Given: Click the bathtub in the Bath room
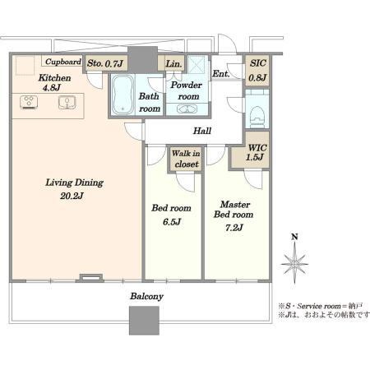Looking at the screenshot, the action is pyautogui.click(x=123, y=95).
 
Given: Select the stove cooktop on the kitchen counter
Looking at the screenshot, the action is pyautogui.click(x=29, y=102).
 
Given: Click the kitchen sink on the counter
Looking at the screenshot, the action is pyautogui.click(x=67, y=103).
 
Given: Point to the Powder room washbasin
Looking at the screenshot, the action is pyautogui.click(x=187, y=109).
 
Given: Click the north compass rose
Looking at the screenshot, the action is pyautogui.click(x=294, y=264).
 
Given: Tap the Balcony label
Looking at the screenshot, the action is pyautogui.click(x=147, y=296).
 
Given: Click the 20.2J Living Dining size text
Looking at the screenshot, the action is pyautogui.click(x=72, y=196).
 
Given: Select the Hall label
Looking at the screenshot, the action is pyautogui.click(x=202, y=131).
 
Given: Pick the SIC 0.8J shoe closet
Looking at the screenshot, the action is pyautogui.click(x=257, y=70).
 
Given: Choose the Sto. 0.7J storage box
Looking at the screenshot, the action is pyautogui.click(x=105, y=63).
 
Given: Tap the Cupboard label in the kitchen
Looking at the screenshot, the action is pyautogui.click(x=63, y=62).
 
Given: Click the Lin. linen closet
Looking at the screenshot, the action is pyautogui.click(x=173, y=64).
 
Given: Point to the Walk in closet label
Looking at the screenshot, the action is pyautogui.click(x=186, y=159).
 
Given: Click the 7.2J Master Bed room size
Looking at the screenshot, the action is pyautogui.click(x=234, y=228).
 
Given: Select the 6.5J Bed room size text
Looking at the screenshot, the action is pyautogui.click(x=172, y=222).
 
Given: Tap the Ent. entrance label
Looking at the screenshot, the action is pyautogui.click(x=220, y=73).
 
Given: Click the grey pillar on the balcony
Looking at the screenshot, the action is pyautogui.click(x=144, y=321).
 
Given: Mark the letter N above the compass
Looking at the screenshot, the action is pyautogui.click(x=294, y=237).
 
